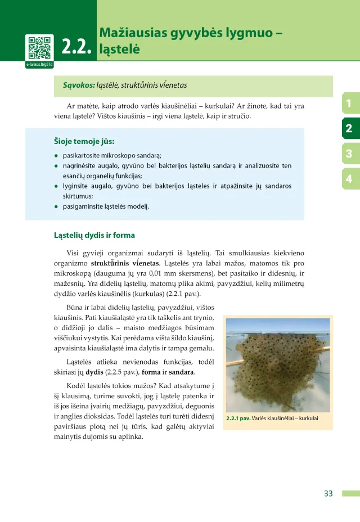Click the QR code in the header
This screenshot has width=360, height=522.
point(39,47)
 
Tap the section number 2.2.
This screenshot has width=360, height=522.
point(77,48)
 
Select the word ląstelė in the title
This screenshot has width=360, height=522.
point(119,49)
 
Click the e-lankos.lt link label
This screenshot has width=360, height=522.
point(39,65)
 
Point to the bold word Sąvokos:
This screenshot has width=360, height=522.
point(79,85)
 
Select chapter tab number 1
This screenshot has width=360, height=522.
point(349,103)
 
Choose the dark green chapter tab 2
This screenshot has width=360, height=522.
point(349,128)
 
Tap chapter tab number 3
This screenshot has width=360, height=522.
point(349,154)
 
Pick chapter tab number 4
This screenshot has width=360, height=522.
point(349,179)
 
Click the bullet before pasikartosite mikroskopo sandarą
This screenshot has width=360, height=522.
point(56,155)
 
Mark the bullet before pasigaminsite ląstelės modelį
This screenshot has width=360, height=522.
point(56,206)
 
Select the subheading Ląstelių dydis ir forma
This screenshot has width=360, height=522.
point(94,235)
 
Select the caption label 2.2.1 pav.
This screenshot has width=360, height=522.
point(238,418)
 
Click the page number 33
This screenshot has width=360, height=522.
point(328,493)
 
